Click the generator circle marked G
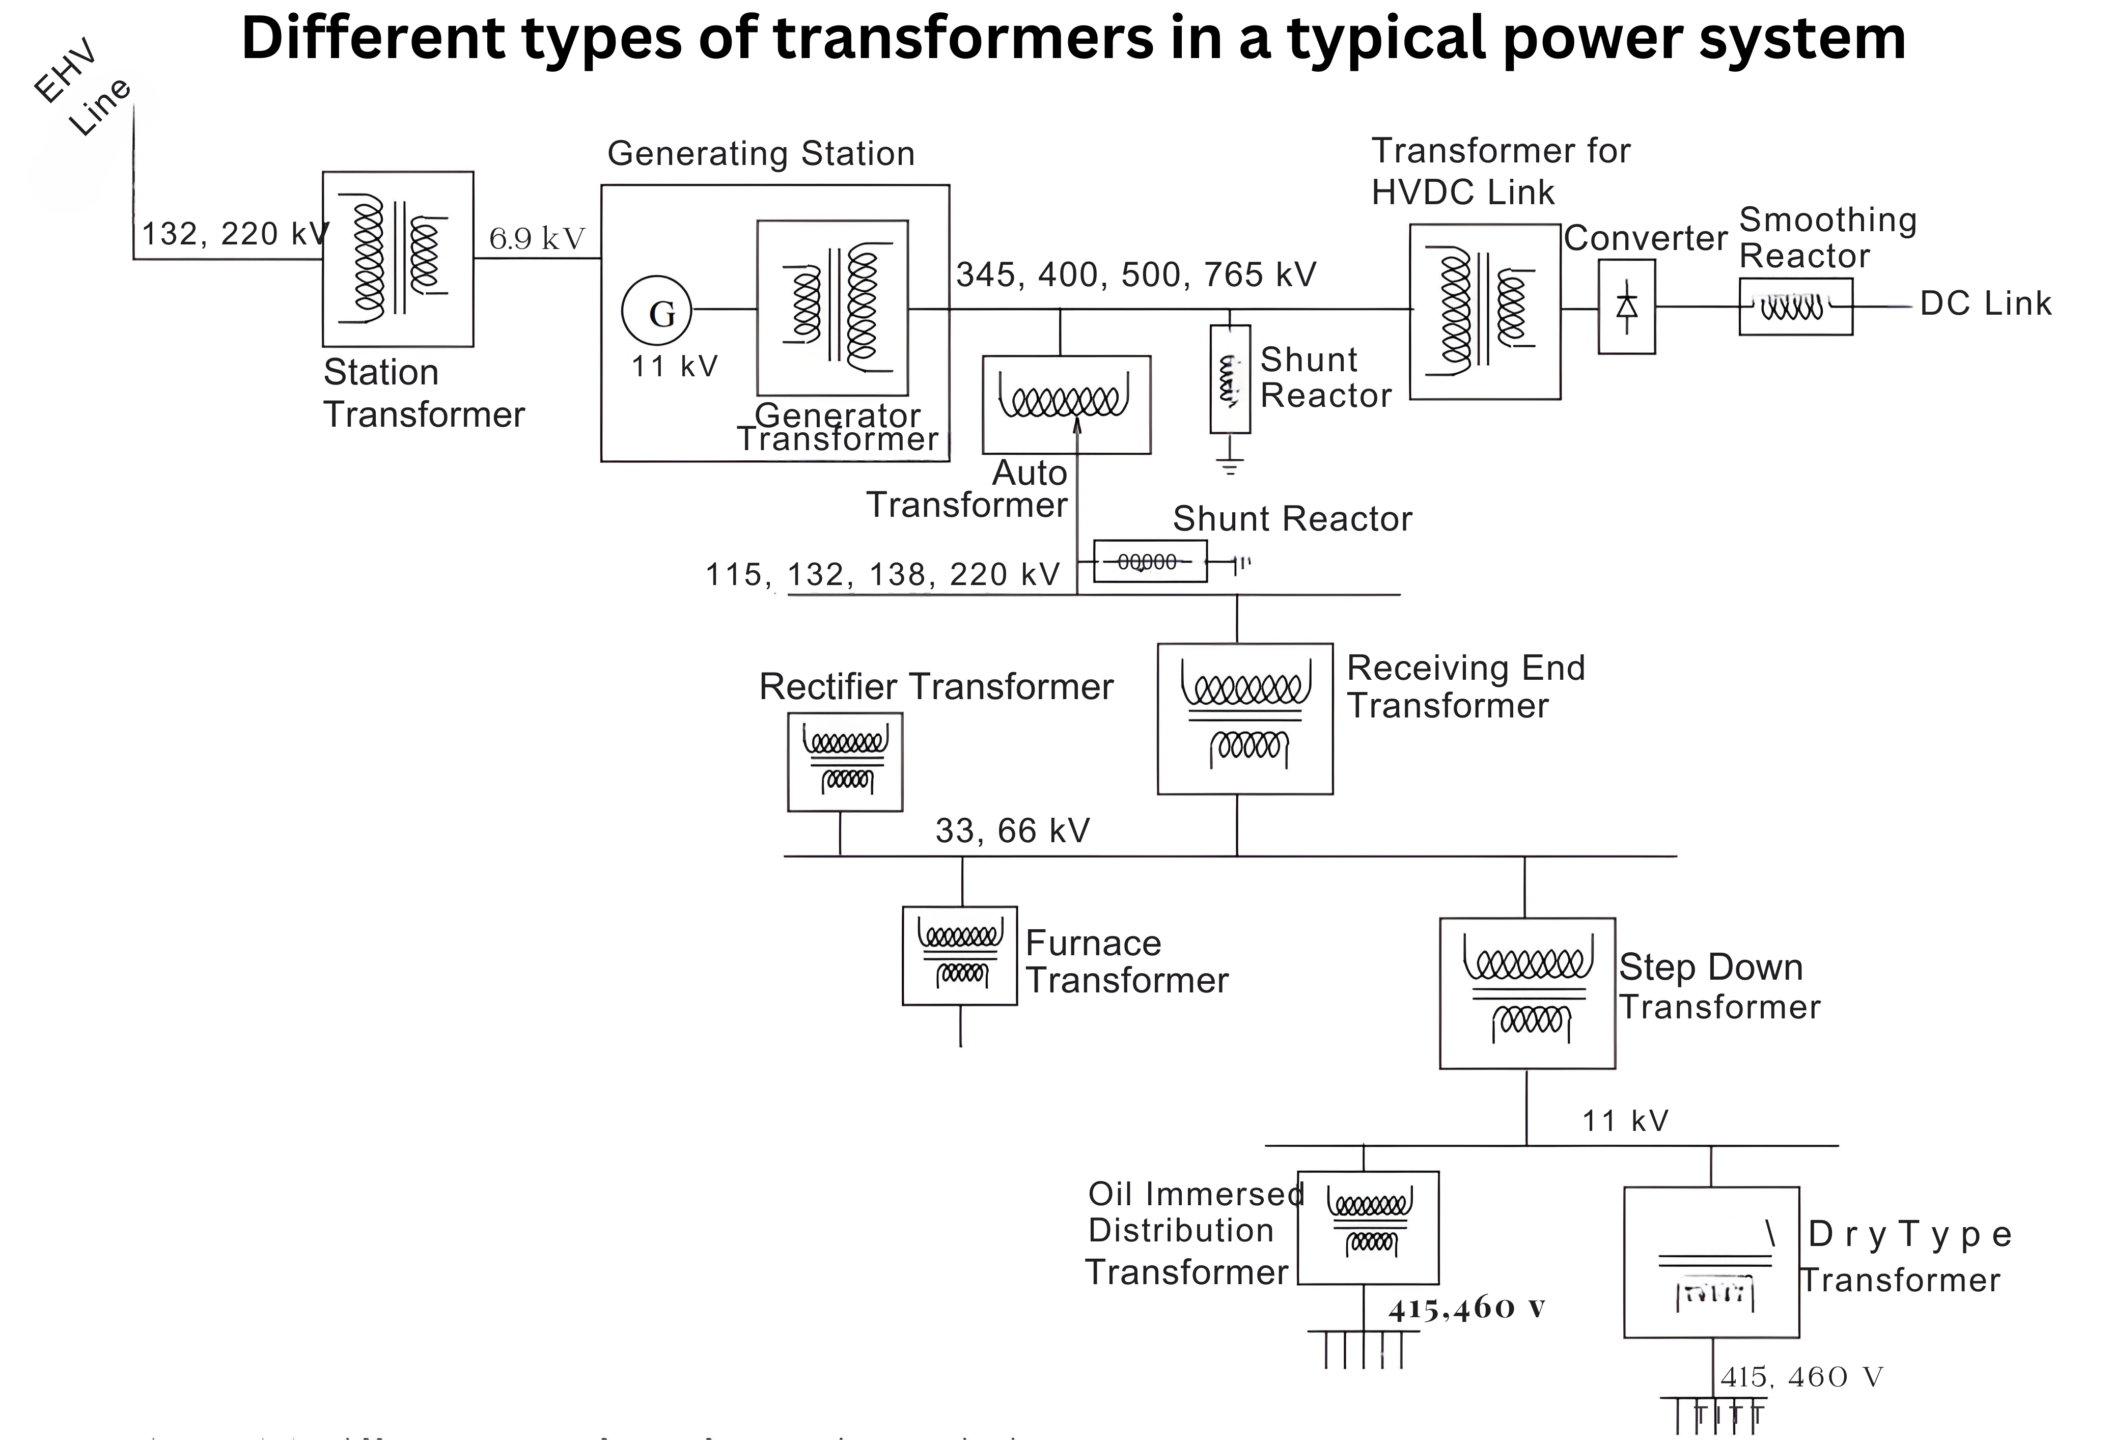(656, 311)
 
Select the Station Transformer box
(398, 259)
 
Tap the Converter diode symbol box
(1626, 307)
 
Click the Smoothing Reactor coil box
(1795, 307)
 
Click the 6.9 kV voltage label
(537, 239)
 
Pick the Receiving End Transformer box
(1245, 719)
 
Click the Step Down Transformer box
(1527, 993)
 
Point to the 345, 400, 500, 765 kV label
(1136, 274)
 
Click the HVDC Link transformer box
(1484, 312)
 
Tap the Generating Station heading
(761, 153)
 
